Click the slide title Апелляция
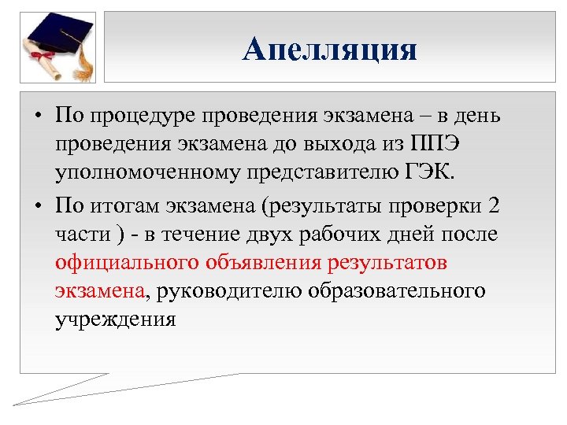pos(329,50)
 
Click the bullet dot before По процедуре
pos(38,116)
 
